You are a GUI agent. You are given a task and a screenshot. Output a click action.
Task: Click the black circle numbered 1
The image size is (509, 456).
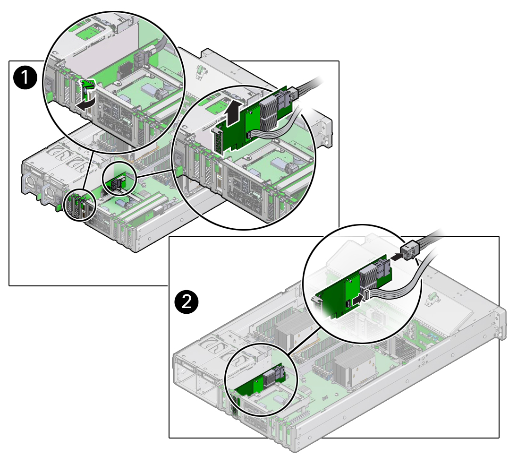[24, 77]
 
